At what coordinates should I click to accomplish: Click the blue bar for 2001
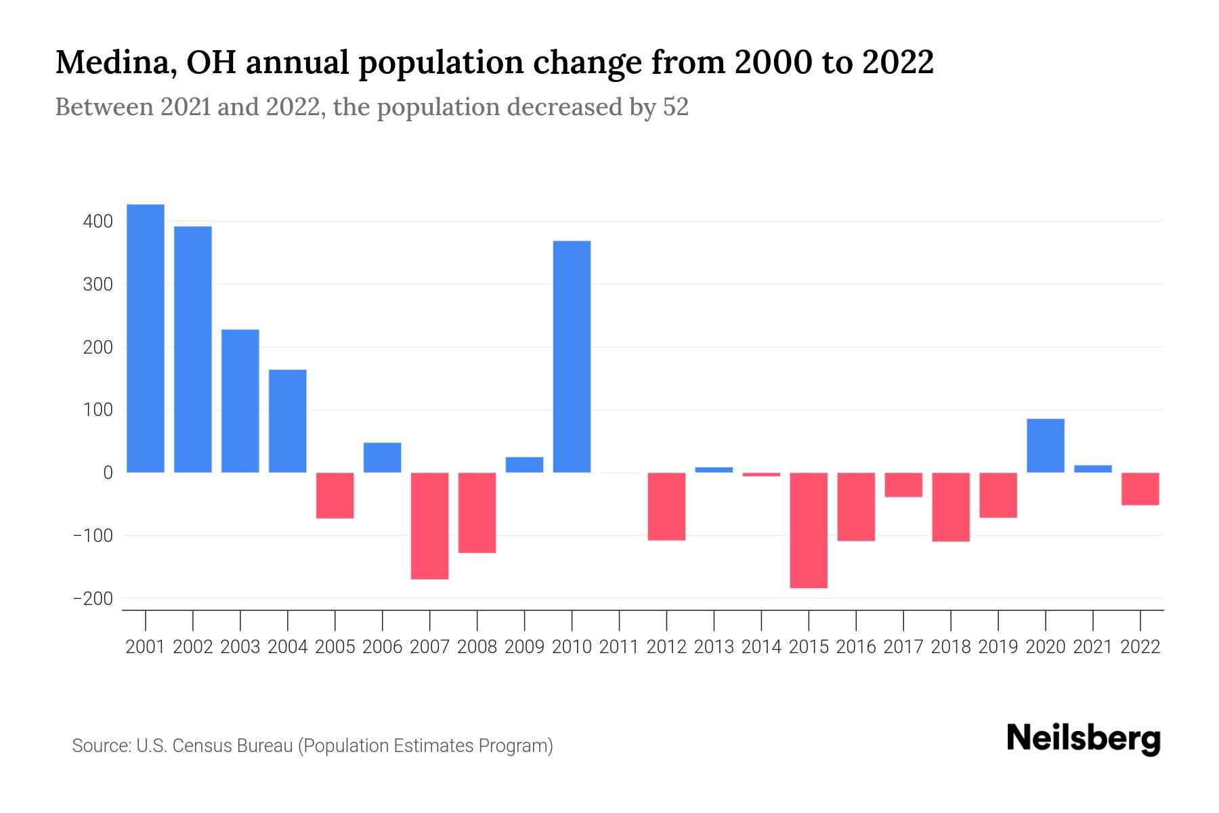click(146, 339)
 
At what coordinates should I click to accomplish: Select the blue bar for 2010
click(572, 357)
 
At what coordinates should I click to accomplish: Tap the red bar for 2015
click(809, 530)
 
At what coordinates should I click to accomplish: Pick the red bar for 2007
click(429, 526)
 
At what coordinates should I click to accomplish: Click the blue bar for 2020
click(1045, 446)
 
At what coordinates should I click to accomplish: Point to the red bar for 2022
click(1140, 488)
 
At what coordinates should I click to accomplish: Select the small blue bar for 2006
click(382, 457)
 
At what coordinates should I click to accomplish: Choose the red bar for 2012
click(666, 506)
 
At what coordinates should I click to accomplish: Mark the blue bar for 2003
click(240, 401)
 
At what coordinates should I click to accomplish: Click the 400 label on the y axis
click(98, 222)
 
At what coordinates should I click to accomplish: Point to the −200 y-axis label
click(93, 599)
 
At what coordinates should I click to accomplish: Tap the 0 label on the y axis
click(108, 473)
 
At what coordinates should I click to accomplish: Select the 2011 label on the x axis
click(619, 647)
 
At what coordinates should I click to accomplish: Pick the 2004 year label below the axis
click(288, 647)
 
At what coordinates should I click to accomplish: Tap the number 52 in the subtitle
click(675, 107)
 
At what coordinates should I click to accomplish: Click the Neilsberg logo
click(1084, 738)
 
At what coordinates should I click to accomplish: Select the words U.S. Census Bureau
click(214, 746)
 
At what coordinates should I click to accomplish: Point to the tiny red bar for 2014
click(761, 475)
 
